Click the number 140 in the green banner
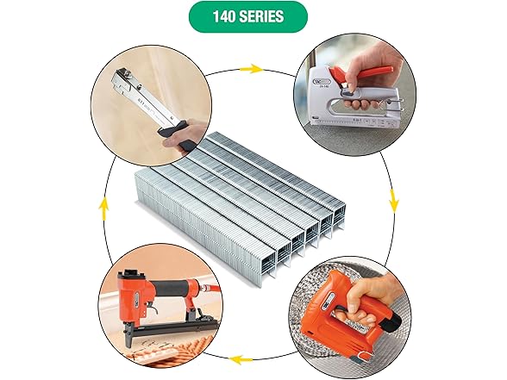[x=226, y=16]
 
